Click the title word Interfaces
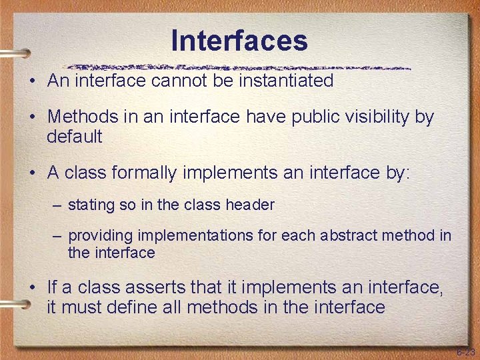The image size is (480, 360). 239,41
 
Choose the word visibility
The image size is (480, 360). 378,117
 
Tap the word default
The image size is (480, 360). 75,137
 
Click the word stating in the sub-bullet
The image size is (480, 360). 92,205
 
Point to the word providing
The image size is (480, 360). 99,236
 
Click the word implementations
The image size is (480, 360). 193,236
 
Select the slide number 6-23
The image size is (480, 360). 465,351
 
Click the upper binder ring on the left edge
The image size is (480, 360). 15,53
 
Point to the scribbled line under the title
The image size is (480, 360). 240,67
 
